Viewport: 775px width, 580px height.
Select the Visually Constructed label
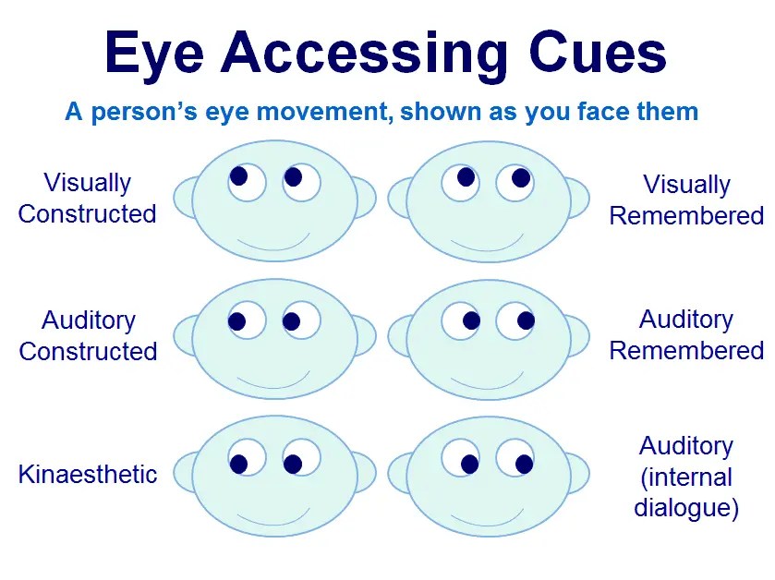(88, 199)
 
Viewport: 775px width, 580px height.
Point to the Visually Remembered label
(686, 200)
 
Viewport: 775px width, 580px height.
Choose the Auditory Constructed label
(88, 336)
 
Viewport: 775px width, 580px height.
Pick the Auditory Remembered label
(686, 335)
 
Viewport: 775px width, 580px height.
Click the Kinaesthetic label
(88, 475)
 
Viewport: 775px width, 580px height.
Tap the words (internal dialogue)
(686, 493)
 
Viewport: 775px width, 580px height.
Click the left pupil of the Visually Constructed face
(238, 175)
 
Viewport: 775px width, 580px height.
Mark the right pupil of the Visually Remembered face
(520, 177)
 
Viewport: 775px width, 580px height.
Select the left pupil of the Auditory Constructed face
(236, 321)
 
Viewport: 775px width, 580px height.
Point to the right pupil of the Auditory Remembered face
(526, 320)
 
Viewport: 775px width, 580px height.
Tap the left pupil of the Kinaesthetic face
(238, 464)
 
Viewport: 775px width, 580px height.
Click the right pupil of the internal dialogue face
(525, 464)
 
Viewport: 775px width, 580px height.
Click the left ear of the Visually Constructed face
(185, 199)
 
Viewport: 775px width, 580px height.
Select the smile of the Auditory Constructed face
(273, 379)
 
